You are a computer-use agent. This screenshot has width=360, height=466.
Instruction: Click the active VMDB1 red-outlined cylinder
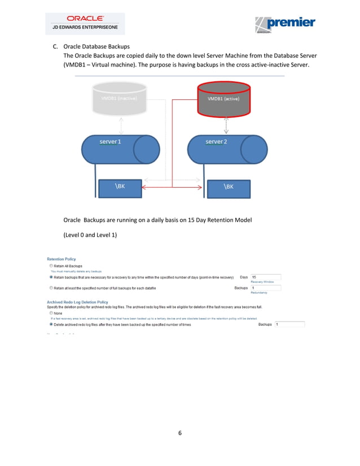coord(223,98)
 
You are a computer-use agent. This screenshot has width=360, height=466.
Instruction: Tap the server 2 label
coord(216,142)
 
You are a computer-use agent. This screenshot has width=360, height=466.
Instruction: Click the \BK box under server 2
coord(229,187)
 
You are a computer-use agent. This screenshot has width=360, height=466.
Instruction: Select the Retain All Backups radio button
coord(51,266)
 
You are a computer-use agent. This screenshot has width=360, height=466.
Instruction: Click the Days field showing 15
coord(265,277)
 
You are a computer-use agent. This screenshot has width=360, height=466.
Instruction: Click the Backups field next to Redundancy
coord(265,288)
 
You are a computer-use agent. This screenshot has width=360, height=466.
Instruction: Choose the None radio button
coord(51,313)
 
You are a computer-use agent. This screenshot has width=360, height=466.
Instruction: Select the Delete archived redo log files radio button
coord(51,324)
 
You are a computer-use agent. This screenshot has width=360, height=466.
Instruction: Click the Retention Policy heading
coord(61,259)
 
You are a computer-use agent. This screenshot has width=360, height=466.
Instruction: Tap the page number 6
coord(179,433)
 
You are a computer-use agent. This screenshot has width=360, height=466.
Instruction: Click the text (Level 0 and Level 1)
coord(90,234)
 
